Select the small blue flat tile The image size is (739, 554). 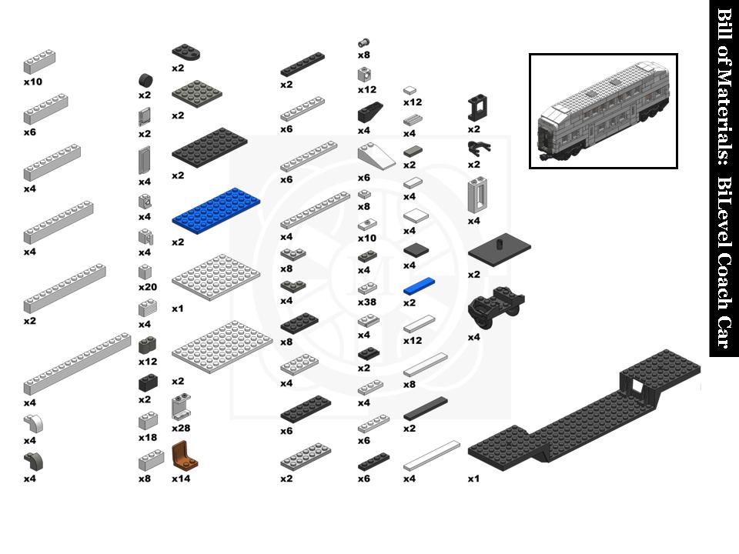419,287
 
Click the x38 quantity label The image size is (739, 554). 366,302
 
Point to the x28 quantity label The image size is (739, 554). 182,428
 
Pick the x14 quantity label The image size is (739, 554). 181,479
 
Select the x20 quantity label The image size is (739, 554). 147,287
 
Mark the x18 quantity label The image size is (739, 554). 147,437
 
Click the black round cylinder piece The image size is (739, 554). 145,81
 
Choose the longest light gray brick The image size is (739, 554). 76,364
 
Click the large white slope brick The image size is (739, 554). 376,157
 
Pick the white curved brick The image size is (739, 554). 34,424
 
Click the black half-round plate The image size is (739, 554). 186,52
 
